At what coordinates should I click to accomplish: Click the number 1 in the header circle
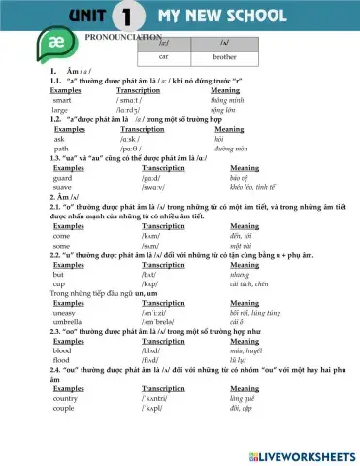pos(123,17)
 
